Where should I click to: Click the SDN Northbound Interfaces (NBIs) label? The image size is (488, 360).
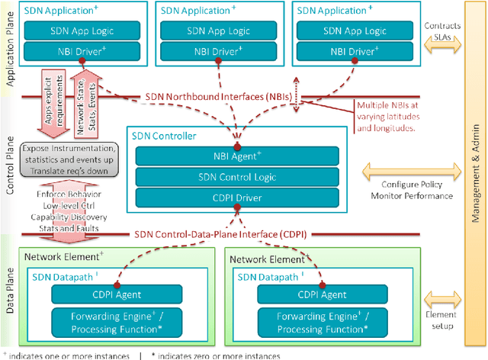coord(225,98)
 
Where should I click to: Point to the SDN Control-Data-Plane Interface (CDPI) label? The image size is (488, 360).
coord(220,233)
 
